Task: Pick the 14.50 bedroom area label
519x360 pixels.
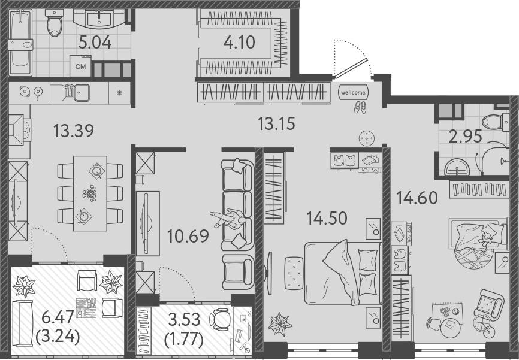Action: pos(327,217)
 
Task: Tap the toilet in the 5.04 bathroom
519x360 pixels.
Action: pos(55,23)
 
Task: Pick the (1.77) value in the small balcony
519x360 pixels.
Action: pos(184,340)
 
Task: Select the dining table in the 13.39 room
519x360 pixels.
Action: pos(90,193)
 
